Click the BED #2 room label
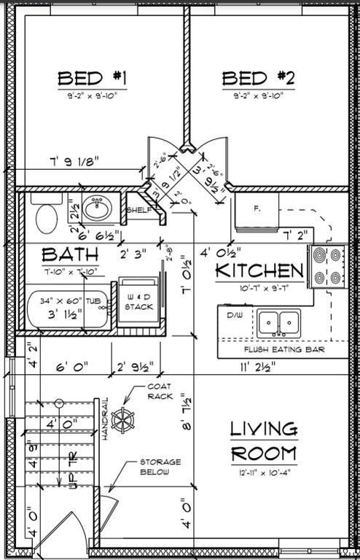257,78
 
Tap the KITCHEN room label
259,271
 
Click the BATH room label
70,255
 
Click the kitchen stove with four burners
327,266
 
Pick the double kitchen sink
278,321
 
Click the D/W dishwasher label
234,316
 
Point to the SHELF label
138,210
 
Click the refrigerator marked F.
257,209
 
